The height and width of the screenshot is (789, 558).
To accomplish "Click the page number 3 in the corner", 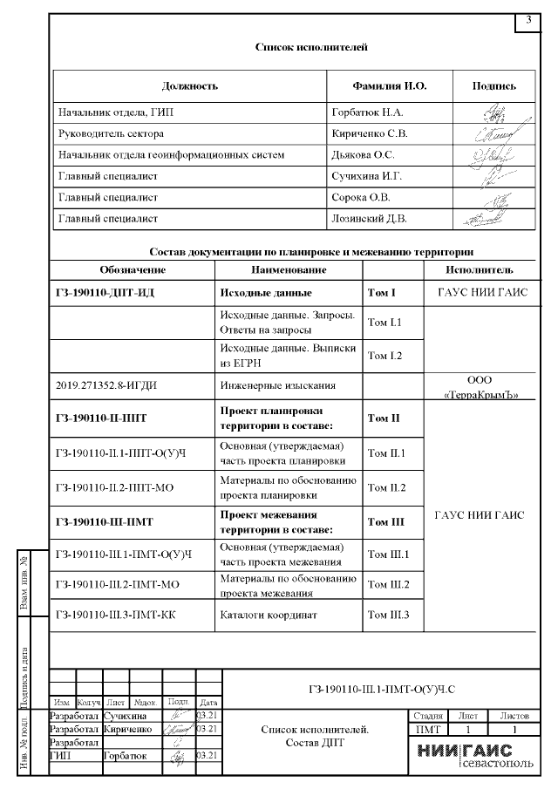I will pos(528,20).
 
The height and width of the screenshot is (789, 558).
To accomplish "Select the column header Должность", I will pos(189,86).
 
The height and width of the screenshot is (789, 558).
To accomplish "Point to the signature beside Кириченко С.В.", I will pos(493,134).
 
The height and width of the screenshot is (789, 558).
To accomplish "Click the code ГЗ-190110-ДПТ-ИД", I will pos(104,292).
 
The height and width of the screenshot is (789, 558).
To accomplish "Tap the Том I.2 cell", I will pos(384,355).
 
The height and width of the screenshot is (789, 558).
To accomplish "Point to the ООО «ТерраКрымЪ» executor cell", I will pos(480,388).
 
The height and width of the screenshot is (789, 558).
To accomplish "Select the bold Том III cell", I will pos(384,521).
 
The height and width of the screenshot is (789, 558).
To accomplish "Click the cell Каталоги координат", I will pos(261,616).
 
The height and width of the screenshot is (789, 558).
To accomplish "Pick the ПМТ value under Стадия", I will pos(427,728).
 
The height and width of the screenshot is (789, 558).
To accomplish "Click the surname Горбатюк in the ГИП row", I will pos(126,756).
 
